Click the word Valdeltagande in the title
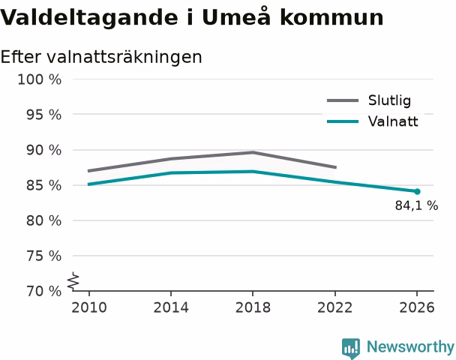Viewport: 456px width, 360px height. click(89, 18)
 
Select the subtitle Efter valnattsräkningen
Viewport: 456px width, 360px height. click(101, 57)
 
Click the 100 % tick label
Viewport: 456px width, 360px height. click(40, 79)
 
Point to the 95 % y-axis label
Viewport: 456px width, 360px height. click(44, 115)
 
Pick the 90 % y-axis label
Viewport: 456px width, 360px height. click(44, 150)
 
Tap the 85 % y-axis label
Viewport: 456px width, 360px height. click(44, 185)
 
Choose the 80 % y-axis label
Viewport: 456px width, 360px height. click(44, 220)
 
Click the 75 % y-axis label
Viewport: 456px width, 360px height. click(44, 256)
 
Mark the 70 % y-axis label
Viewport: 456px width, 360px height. click(44, 291)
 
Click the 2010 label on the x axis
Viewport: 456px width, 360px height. click(89, 307)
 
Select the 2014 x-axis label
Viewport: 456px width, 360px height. click(171, 307)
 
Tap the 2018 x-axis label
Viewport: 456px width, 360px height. click(253, 307)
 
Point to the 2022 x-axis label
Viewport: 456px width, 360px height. click(334, 307)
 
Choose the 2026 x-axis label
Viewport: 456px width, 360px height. click(417, 307)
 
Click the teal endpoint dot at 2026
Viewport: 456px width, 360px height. click(417, 192)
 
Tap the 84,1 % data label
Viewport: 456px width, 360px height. click(416, 205)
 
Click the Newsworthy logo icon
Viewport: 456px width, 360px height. click(351, 348)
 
